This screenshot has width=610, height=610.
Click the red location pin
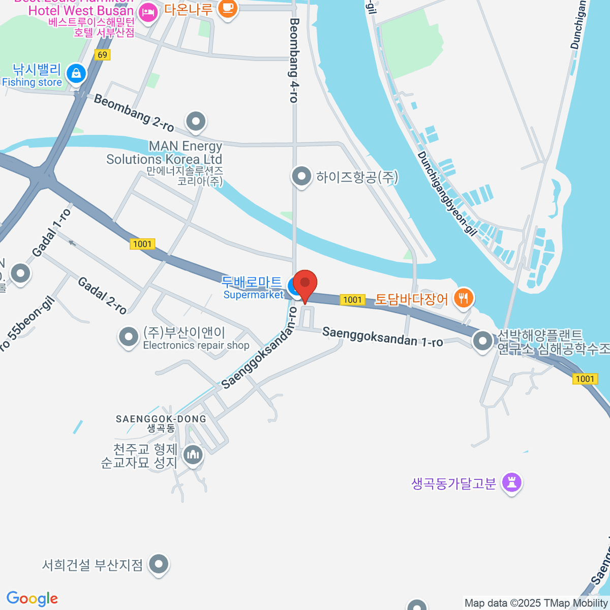pyautogui.click(x=305, y=283)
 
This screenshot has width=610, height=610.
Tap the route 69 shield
pyautogui.click(x=102, y=54)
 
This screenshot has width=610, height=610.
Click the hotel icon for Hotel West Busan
pyautogui.click(x=148, y=12)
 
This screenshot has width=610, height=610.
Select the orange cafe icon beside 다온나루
pyautogui.click(x=227, y=9)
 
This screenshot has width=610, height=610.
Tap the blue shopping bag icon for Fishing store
pyautogui.click(x=76, y=74)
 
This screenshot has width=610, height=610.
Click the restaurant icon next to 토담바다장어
pyautogui.click(x=463, y=298)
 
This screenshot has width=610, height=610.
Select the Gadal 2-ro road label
pyautogui.click(x=102, y=295)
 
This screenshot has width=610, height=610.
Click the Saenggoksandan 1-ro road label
pyautogui.click(x=382, y=337)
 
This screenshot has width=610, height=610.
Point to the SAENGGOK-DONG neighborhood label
pyautogui.click(x=161, y=419)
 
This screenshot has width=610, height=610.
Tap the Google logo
pyautogui.click(x=32, y=598)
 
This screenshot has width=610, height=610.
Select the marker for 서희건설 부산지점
pyautogui.click(x=159, y=564)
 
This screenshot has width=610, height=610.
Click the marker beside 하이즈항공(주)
pyautogui.click(x=301, y=177)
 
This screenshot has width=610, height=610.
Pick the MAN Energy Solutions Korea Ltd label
pyautogui.click(x=164, y=152)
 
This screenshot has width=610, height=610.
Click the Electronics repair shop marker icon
pyautogui.click(x=128, y=337)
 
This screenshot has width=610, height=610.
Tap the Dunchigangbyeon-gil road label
pyautogui.click(x=447, y=194)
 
